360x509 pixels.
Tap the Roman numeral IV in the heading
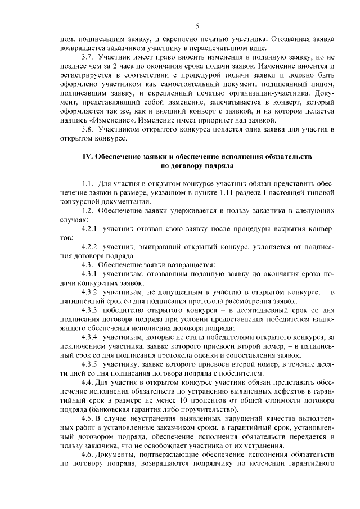click(88, 155)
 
